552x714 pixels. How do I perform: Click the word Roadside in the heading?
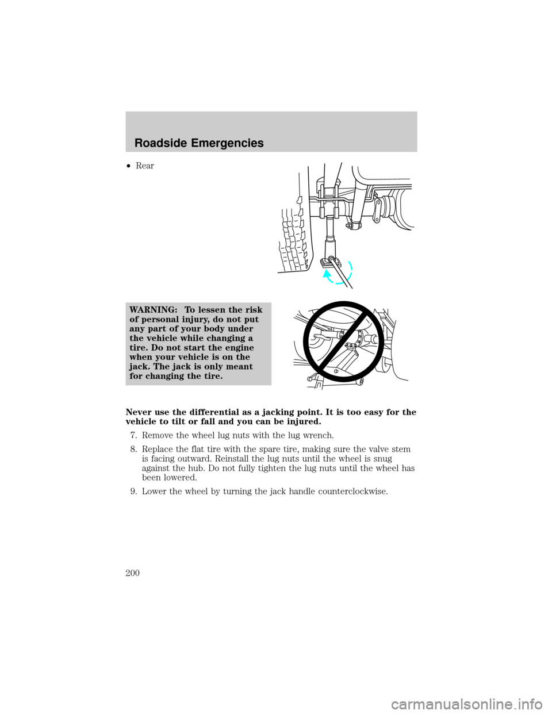(158, 145)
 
